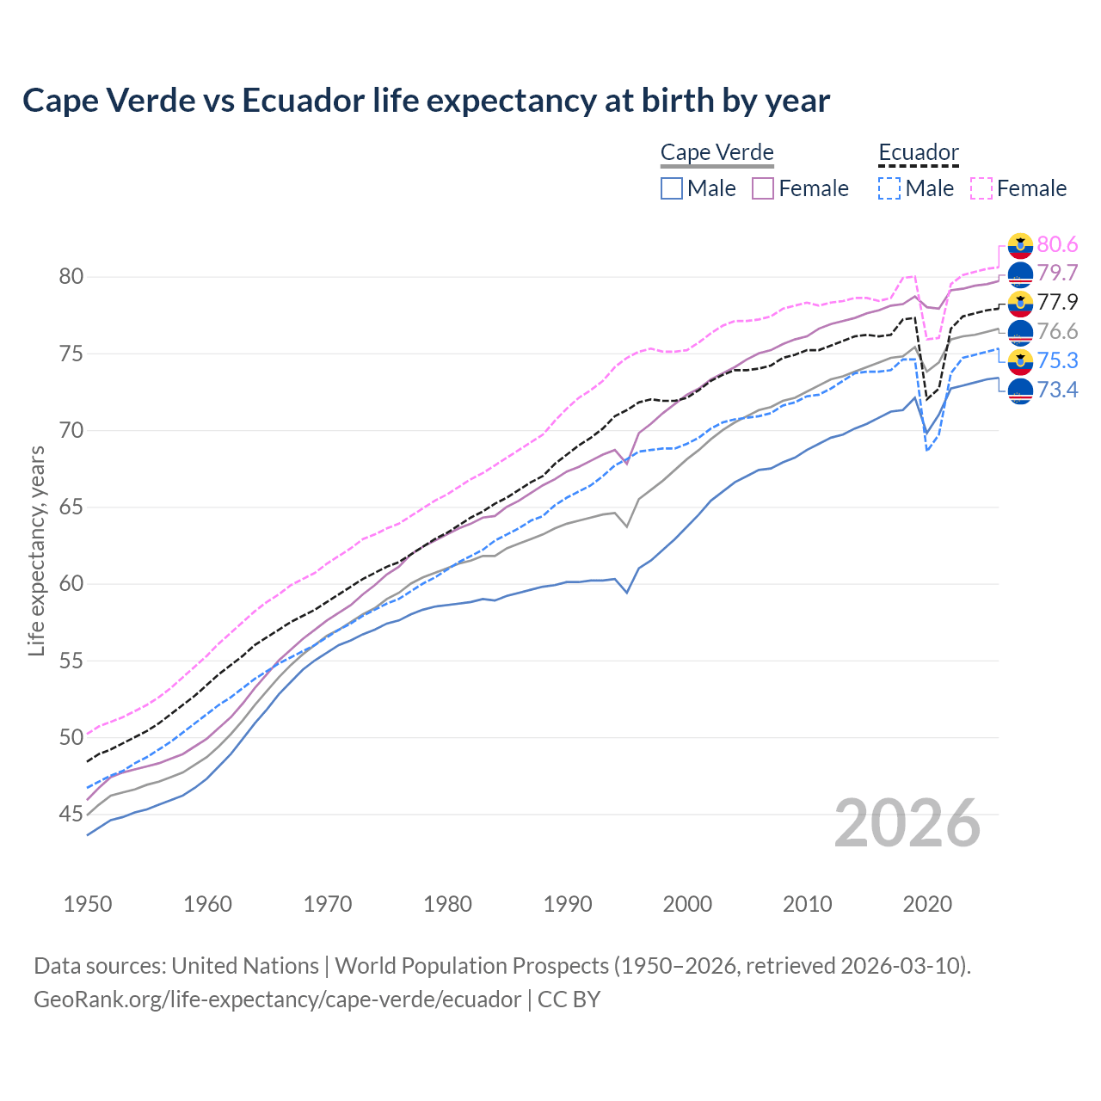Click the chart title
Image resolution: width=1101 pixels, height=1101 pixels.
click(x=426, y=101)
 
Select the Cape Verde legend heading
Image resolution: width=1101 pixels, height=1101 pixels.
click(x=717, y=153)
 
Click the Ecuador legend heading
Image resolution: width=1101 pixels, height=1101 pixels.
click(x=918, y=153)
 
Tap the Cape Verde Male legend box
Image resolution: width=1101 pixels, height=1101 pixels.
click(x=672, y=188)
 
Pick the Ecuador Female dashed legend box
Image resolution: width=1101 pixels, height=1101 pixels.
click(x=981, y=188)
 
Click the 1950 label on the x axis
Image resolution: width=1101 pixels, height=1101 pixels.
click(x=88, y=904)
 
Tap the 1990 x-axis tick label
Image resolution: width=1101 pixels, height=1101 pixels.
click(x=568, y=904)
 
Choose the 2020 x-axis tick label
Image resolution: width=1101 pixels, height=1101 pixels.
click(x=927, y=904)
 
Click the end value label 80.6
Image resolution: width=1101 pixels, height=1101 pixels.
click(x=1057, y=245)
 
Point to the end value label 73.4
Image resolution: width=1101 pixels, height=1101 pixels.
click(x=1057, y=391)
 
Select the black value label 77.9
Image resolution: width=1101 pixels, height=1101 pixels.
click(x=1057, y=303)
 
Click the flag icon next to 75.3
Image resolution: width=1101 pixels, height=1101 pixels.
click(x=1020, y=361)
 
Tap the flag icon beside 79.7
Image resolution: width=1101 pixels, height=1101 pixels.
click(x=1020, y=274)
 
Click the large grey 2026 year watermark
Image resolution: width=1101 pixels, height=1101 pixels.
click(x=907, y=823)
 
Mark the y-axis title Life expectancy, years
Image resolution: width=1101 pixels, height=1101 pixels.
click(x=37, y=550)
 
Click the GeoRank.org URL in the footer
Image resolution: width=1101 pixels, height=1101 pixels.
click(x=277, y=1000)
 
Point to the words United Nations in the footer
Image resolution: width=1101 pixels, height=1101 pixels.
click(x=245, y=966)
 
